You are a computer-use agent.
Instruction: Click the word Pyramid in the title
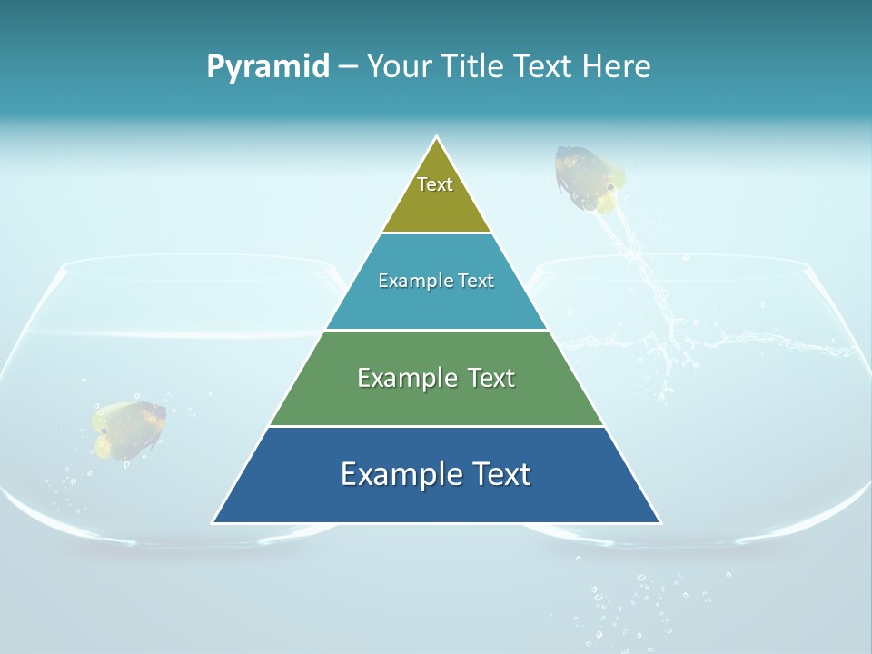(x=267, y=67)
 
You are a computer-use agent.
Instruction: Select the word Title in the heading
(x=475, y=67)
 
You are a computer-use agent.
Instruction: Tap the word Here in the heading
(x=616, y=67)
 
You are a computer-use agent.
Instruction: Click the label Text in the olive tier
(x=435, y=184)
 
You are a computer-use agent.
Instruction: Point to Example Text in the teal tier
(x=436, y=281)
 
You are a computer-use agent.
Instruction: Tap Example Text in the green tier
(x=436, y=378)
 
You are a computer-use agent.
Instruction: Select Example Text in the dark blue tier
(x=436, y=474)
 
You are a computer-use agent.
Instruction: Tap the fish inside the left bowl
(x=129, y=428)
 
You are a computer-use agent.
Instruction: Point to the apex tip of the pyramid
(x=437, y=138)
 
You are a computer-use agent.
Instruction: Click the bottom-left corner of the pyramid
(x=214, y=521)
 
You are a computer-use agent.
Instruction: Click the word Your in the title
(x=400, y=67)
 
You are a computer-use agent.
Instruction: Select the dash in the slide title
(x=348, y=67)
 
